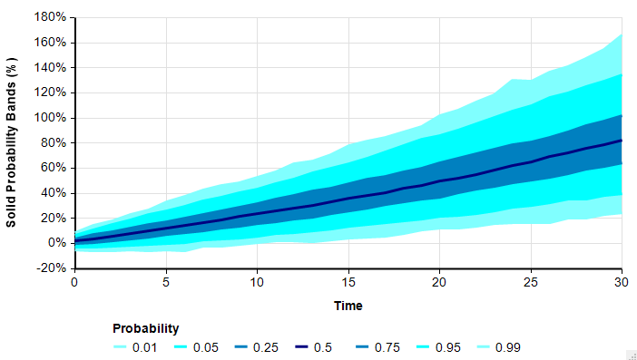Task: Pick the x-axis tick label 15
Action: tap(348, 282)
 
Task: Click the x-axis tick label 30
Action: tap(622, 282)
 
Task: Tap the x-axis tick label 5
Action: tap(166, 282)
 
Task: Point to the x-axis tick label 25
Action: tap(531, 282)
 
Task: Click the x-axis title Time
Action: tap(348, 306)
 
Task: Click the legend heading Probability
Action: tap(145, 328)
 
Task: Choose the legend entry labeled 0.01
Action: tap(134, 347)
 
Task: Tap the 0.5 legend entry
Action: tap(313, 347)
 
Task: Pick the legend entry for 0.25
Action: tap(256, 347)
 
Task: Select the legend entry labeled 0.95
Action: tap(439, 347)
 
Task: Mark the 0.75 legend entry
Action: tap(377, 347)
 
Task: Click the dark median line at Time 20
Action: tap(439, 181)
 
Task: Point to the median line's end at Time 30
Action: tap(622, 141)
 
